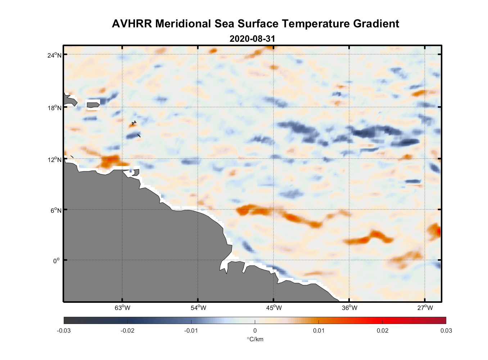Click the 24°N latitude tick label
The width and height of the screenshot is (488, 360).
55,55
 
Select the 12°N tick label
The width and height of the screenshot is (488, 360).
55,159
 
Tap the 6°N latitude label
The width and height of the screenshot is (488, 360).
56,210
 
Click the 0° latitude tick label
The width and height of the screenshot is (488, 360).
57,261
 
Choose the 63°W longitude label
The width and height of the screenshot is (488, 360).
122,307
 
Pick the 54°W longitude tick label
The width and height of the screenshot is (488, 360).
198,307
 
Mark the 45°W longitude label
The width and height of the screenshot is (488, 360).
274,307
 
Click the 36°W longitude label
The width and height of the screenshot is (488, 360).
349,307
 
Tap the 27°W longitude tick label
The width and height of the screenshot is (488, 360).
425,307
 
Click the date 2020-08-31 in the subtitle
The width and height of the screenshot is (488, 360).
252,39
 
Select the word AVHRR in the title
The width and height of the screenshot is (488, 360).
132,24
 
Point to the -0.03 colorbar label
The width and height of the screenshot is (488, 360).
64,330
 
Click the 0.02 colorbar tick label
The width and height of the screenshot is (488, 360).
382,330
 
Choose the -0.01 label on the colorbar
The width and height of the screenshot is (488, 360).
191,330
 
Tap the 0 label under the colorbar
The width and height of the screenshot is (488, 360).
255,330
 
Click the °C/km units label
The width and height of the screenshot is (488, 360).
255,339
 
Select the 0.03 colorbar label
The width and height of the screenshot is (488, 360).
446,330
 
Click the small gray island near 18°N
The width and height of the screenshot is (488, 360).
93,105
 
